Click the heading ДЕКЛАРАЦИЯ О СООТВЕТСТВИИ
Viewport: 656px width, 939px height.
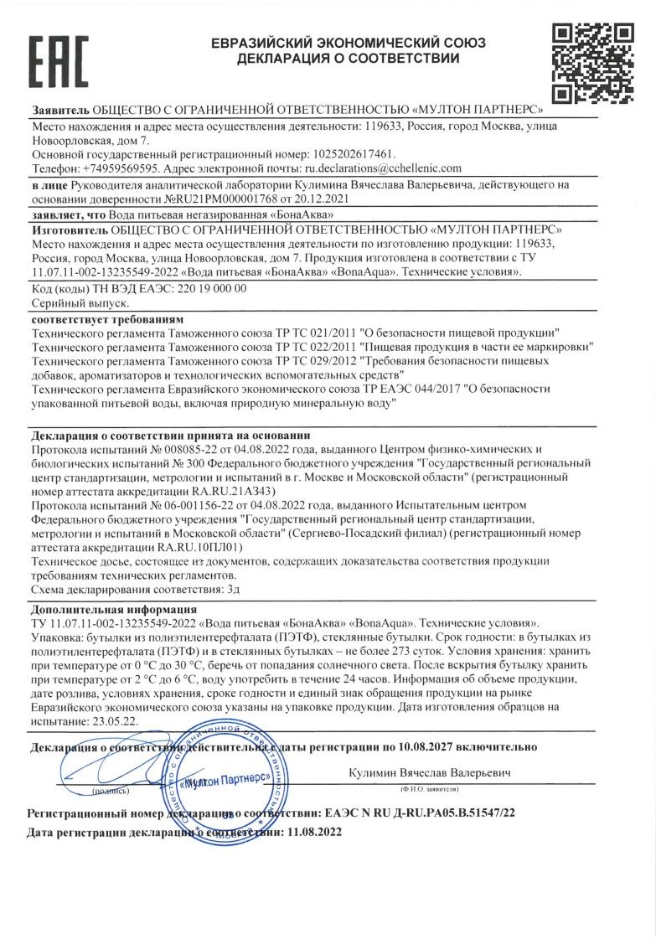click(348, 59)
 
